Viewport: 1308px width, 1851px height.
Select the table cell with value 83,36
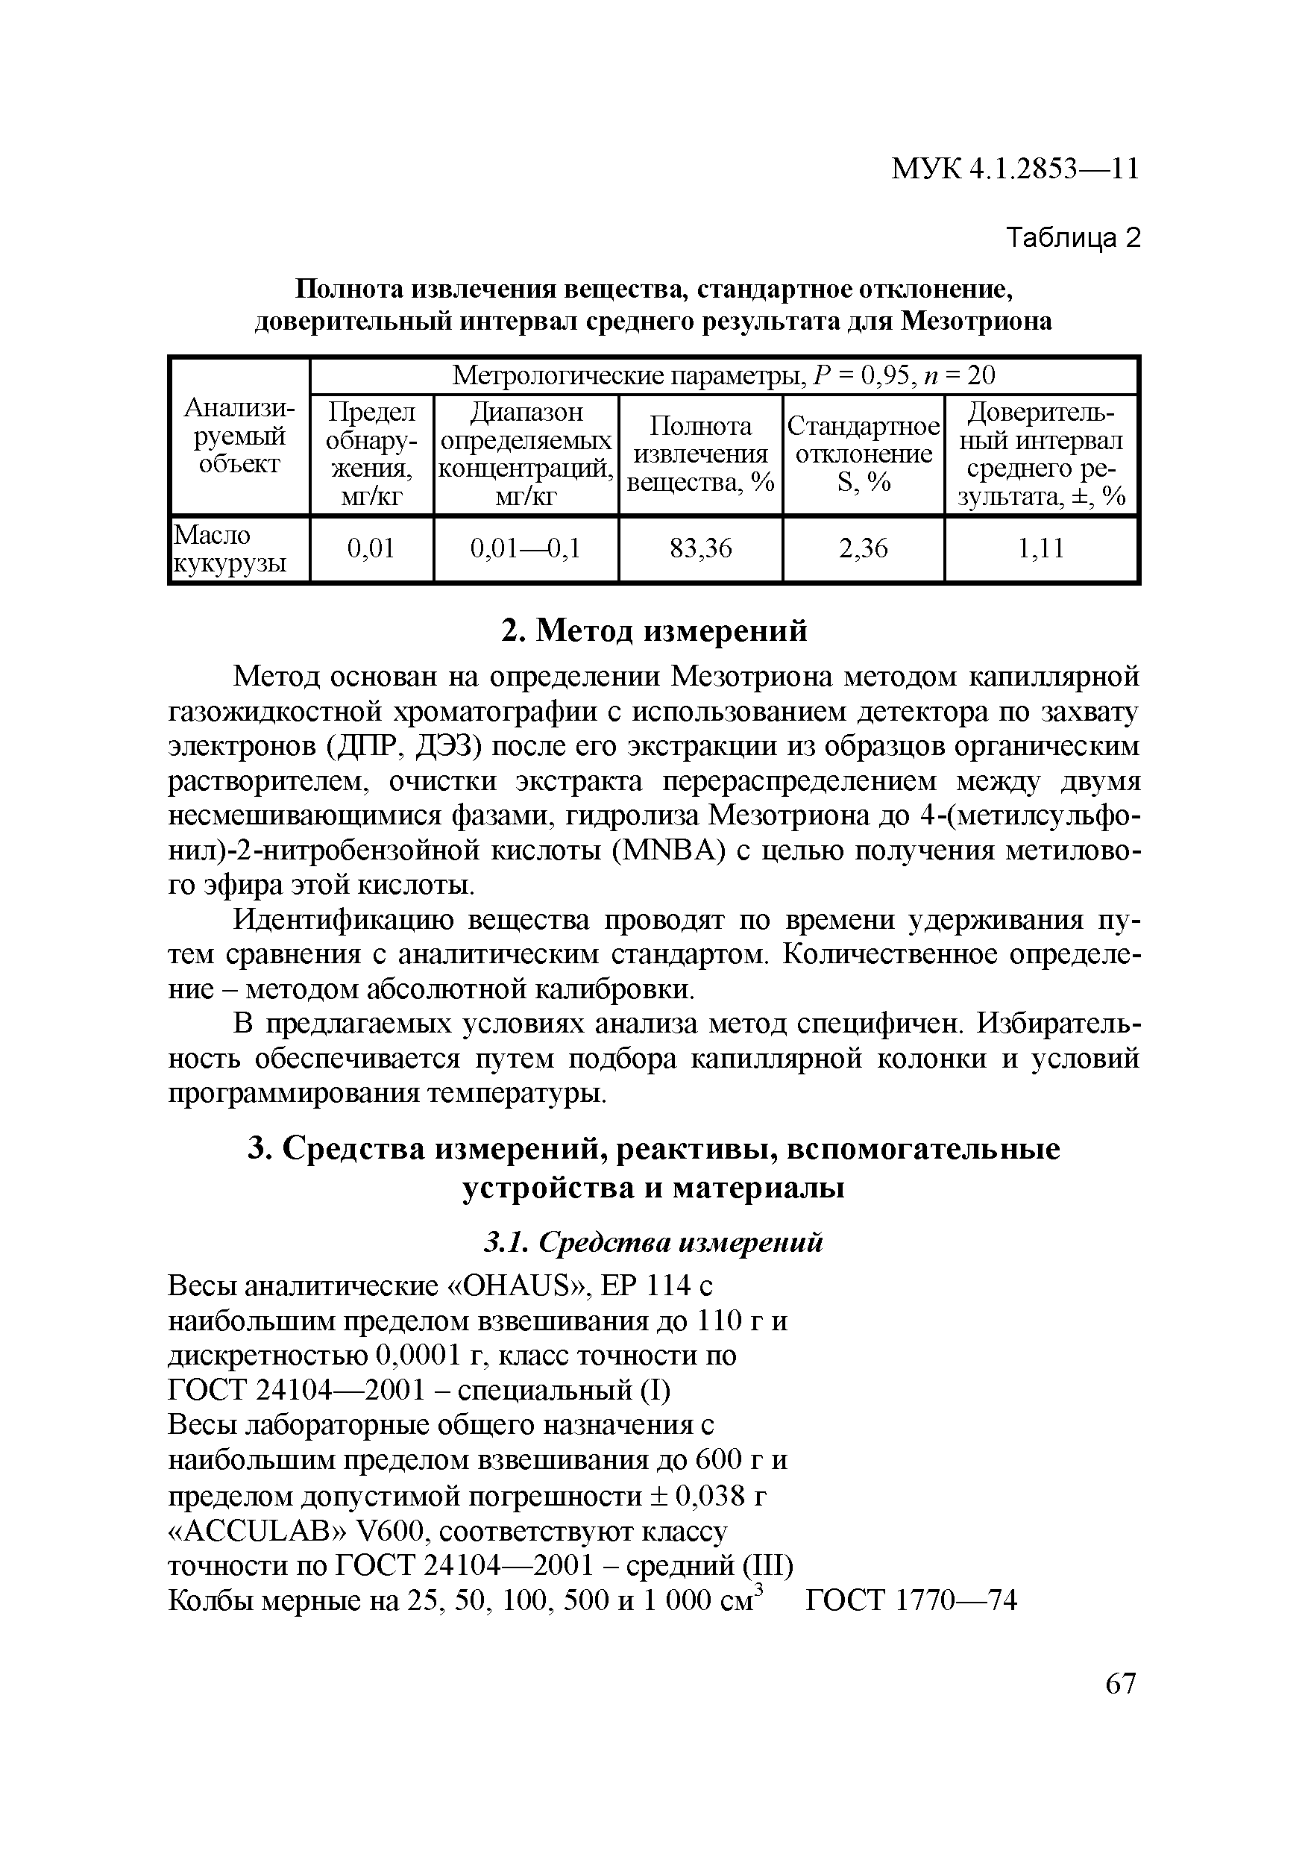point(700,549)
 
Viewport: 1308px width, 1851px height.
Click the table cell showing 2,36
point(862,549)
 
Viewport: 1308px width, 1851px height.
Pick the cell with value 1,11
point(1040,549)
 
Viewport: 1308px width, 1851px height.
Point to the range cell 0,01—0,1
point(526,549)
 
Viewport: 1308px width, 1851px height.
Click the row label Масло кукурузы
point(231,549)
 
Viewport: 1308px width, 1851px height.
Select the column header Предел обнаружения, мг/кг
point(371,454)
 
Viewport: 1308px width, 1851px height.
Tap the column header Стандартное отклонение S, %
point(862,454)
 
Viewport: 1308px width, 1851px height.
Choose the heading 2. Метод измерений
point(653,630)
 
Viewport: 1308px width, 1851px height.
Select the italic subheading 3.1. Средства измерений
point(653,1242)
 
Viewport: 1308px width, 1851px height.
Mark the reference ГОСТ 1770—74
point(911,1600)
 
